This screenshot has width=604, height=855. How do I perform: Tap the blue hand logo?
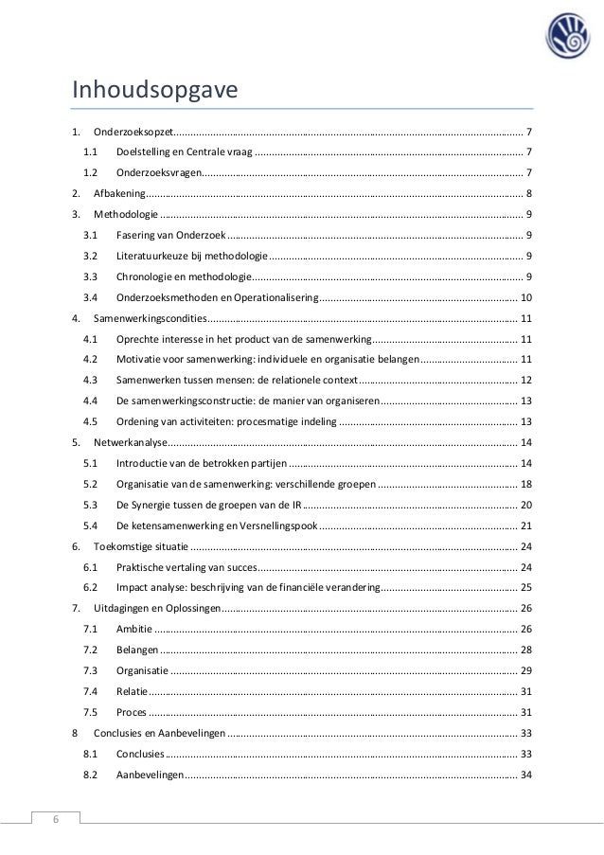[565, 38]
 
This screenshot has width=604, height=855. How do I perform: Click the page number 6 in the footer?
[54, 820]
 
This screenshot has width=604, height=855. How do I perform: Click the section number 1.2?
[91, 171]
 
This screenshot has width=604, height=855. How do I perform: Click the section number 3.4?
[91, 297]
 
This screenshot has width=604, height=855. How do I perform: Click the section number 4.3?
[91, 381]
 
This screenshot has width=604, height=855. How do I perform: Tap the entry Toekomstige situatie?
[140, 546]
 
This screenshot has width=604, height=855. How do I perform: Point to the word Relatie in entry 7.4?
[132, 692]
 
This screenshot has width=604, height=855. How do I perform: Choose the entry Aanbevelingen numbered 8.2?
[151, 775]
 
